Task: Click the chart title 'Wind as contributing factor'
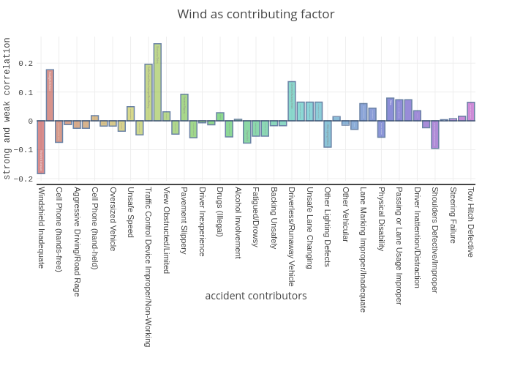(256, 15)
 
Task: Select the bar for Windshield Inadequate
(41, 147)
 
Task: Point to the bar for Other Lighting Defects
(328, 134)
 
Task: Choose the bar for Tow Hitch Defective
(471, 111)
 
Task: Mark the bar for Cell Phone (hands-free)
(59, 131)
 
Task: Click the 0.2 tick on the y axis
(27, 64)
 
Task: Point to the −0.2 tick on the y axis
(25, 179)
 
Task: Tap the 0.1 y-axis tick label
(27, 92)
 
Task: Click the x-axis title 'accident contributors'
(256, 296)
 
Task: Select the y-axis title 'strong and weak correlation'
(7, 108)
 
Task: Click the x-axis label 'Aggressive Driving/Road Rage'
(77, 242)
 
